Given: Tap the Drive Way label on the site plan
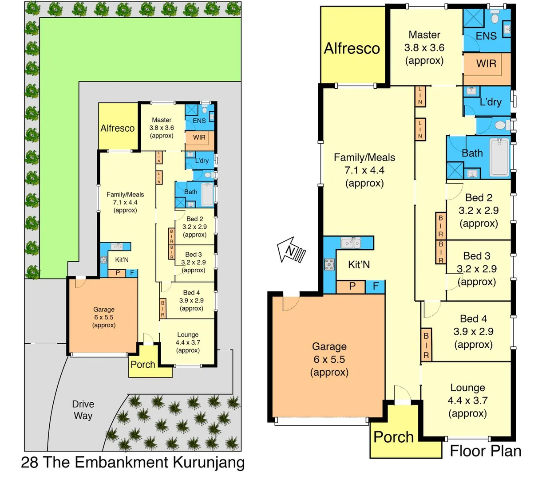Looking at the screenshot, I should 83,410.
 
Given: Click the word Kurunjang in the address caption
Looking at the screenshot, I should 208,462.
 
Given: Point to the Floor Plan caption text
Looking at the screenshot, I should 485,451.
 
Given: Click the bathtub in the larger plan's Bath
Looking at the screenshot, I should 499,157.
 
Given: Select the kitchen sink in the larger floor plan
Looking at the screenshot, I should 351,243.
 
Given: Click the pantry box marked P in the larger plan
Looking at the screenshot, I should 352,287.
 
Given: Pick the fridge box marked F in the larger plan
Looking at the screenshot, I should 376,287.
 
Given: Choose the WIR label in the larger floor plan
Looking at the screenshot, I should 486,63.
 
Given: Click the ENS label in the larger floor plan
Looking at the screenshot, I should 486,36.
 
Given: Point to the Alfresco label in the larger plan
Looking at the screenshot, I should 352,48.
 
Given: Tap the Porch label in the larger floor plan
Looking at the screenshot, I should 394,437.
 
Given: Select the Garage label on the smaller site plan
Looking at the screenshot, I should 104,310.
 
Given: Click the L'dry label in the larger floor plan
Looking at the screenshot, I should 491,102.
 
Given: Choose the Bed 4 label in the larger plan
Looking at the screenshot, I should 473,318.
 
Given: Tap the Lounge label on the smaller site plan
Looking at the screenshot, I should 188,335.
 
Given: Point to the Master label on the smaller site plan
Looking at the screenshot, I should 162,120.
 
